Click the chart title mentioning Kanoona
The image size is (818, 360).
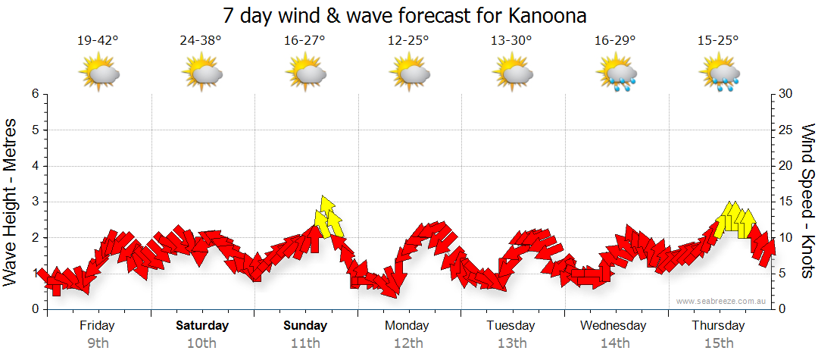pyautogui.click(x=406, y=15)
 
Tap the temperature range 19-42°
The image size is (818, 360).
pyautogui.click(x=98, y=41)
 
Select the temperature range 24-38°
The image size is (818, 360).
pyautogui.click(x=201, y=41)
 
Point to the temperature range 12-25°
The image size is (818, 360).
pyautogui.click(x=408, y=41)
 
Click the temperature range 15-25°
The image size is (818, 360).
pyautogui.click(x=718, y=41)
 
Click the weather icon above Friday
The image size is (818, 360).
pyautogui.click(x=98, y=73)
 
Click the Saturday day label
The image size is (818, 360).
pyautogui.click(x=202, y=326)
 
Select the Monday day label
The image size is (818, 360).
pyautogui.click(x=408, y=326)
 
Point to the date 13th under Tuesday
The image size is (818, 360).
pyautogui.click(x=511, y=343)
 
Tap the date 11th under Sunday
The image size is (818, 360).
pyautogui.click(x=305, y=343)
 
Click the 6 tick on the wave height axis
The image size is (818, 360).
pyautogui.click(x=35, y=94)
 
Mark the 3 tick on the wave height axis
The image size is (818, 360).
pyautogui.click(x=35, y=202)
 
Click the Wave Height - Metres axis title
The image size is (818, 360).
pyautogui.click(x=11, y=202)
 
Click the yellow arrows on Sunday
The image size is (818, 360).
pyautogui.click(x=328, y=218)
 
